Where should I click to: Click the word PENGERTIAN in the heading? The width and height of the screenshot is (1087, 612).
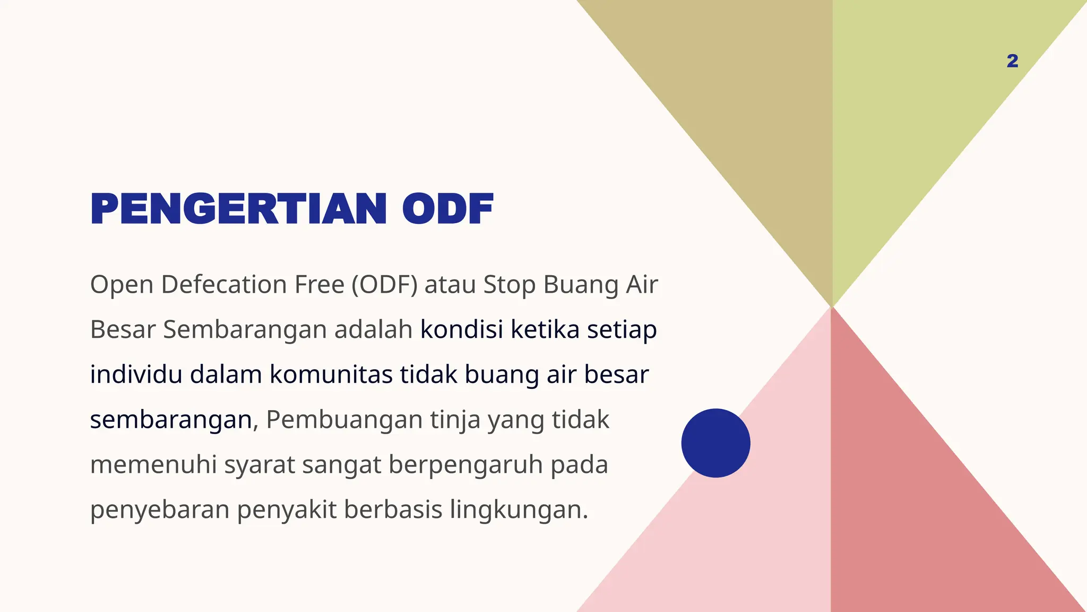coord(238,209)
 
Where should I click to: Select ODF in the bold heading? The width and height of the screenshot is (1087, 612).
coord(447,209)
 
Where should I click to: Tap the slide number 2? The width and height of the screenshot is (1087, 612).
coord(1012,61)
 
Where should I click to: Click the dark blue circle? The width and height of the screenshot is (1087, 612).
coord(715,443)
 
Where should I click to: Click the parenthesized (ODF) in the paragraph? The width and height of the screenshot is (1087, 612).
coord(384,285)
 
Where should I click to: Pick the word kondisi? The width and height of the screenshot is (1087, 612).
coord(461,329)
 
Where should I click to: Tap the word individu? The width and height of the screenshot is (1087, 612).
coord(136,375)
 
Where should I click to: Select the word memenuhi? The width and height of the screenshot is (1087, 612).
coord(153,465)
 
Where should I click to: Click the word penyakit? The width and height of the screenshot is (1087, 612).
coord(287,509)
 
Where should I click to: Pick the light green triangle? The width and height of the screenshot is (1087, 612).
coord(913,106)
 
